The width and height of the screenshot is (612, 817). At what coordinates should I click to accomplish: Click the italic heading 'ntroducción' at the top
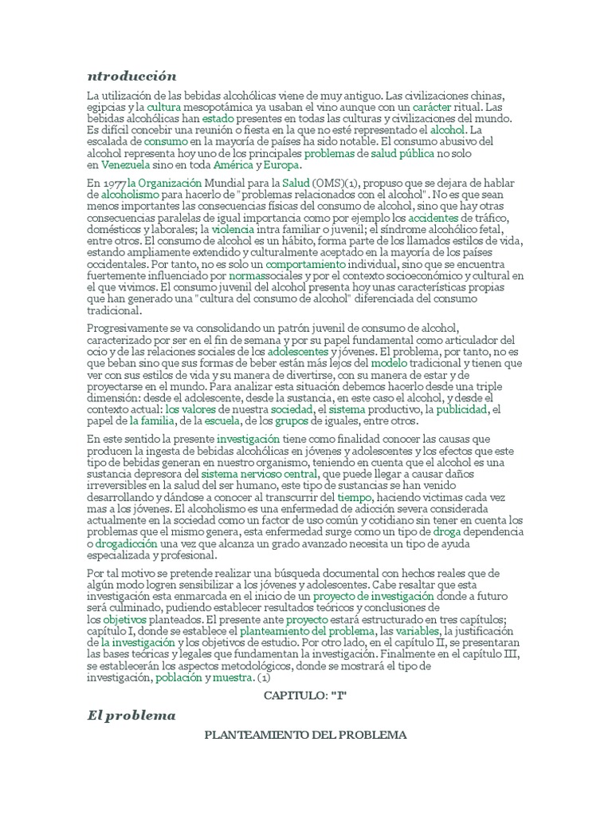[131, 76]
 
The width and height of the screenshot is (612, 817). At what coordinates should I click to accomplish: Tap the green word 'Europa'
[283, 165]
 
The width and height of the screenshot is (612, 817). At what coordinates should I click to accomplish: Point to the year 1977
[114, 183]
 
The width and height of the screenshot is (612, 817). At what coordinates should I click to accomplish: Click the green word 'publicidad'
[462, 409]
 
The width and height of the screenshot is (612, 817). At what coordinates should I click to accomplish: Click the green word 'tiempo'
[354, 495]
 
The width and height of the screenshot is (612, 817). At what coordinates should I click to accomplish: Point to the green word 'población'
[178, 677]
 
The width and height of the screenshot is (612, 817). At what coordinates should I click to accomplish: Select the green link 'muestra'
[233, 677]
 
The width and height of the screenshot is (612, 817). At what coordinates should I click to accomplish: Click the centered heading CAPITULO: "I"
[306, 696]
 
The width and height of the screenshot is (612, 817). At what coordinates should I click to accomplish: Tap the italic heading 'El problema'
[131, 715]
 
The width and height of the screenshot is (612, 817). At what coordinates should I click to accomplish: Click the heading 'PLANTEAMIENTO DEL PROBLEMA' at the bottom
[306, 734]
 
